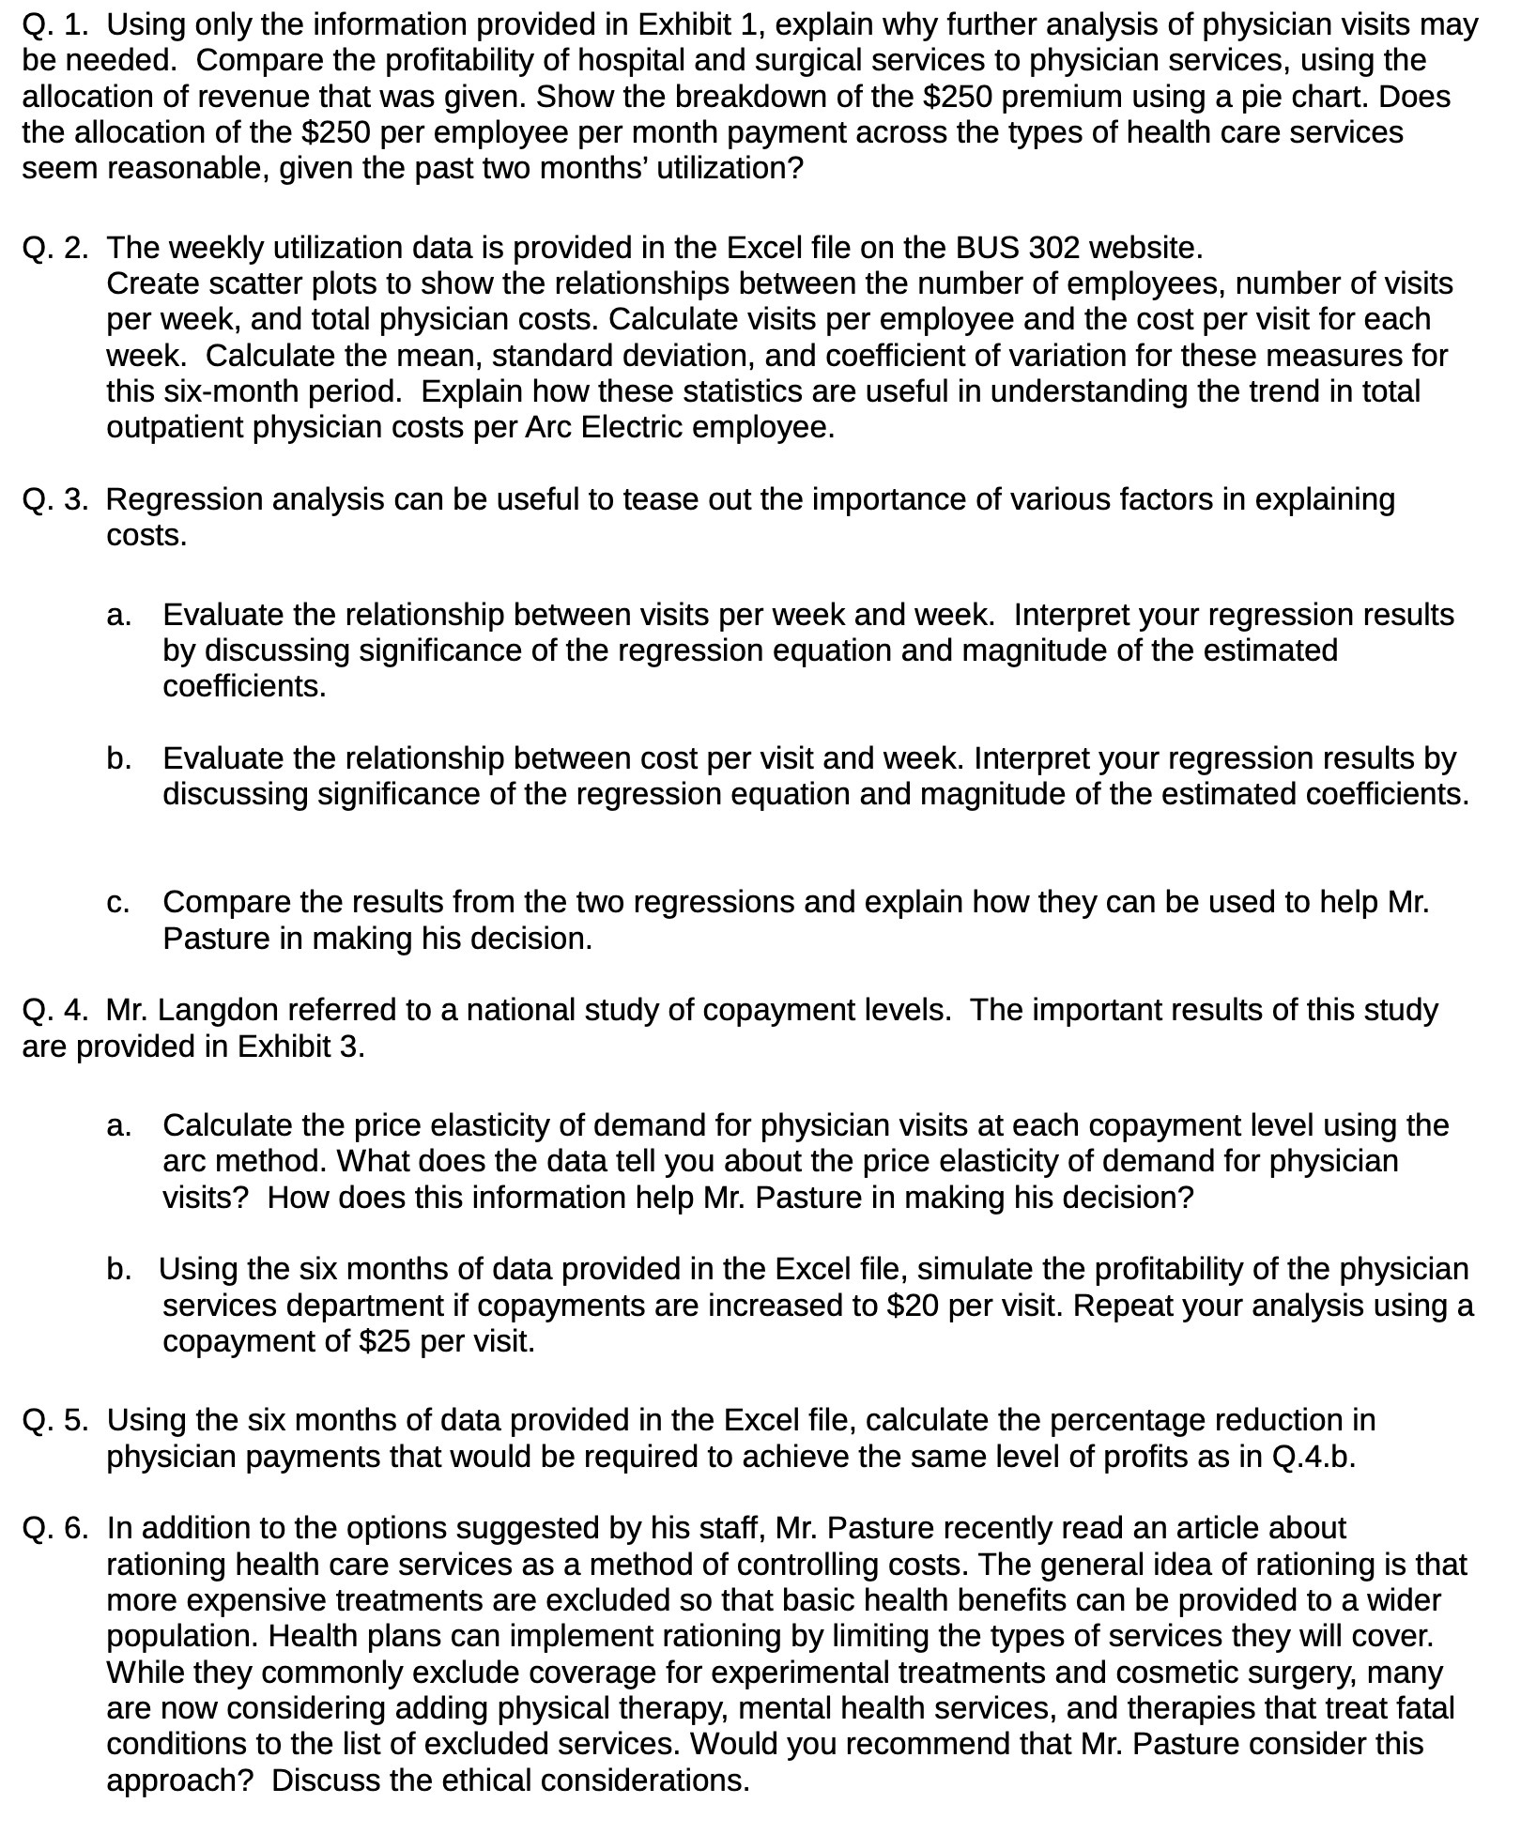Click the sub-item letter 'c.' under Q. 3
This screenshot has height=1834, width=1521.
click(x=117, y=902)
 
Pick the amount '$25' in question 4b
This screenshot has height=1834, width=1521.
click(x=385, y=1341)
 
